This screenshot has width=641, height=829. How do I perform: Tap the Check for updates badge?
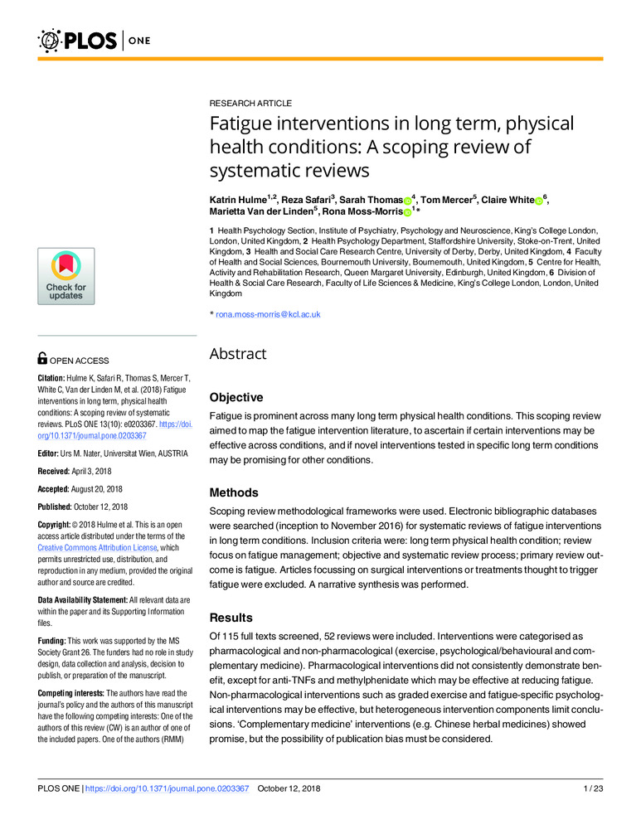coord(65,277)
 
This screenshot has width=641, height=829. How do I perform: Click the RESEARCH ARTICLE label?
coord(250,104)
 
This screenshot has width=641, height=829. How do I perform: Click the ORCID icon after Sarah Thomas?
coord(407,201)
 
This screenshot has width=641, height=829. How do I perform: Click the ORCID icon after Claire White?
coord(538,201)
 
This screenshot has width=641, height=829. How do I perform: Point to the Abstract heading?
coord(237,354)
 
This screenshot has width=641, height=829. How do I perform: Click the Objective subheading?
coord(236,398)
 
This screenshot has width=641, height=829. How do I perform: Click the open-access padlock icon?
coord(43,359)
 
